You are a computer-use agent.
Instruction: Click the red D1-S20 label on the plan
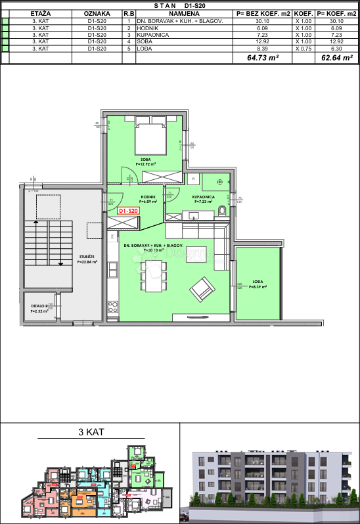point(129,210)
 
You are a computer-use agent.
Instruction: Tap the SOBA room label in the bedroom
point(145,159)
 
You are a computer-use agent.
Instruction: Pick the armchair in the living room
point(202,288)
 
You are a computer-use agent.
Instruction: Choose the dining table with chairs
point(153,276)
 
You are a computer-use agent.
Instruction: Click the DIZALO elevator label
point(38,306)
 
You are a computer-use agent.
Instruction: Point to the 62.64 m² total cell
point(335,58)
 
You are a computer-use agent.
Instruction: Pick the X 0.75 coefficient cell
point(303,49)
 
